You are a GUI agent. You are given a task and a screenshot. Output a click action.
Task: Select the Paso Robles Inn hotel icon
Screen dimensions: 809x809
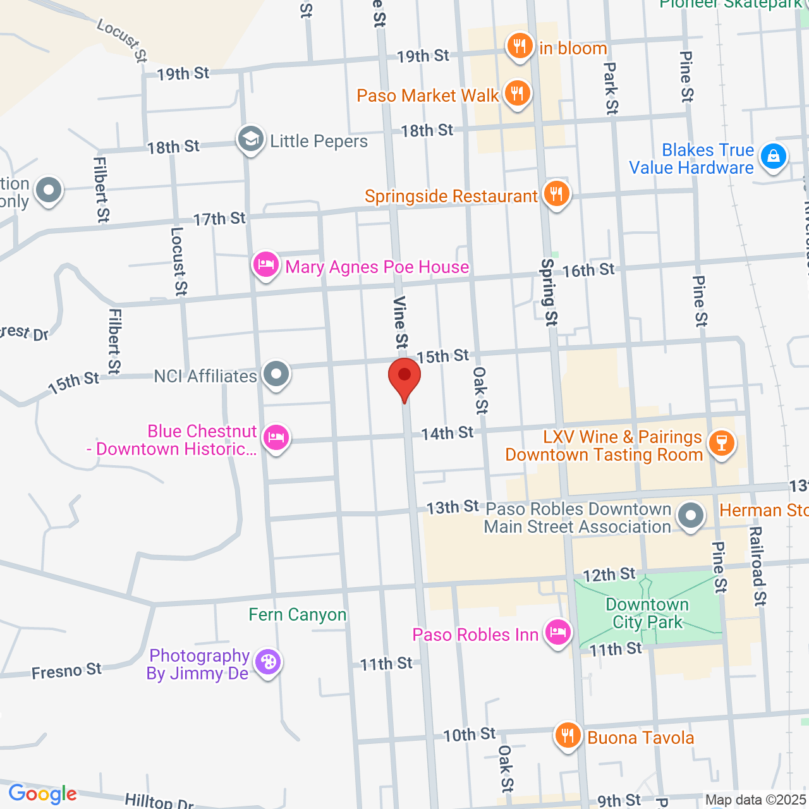pos(558,632)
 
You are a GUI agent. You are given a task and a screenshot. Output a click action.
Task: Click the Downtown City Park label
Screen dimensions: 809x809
pos(647,613)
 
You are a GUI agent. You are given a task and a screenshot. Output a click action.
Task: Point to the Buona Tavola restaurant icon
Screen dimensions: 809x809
pos(568,736)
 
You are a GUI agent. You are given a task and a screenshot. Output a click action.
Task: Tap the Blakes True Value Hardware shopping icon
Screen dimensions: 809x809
pos(773,156)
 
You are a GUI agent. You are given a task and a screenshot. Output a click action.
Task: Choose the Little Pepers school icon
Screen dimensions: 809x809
pos(250,139)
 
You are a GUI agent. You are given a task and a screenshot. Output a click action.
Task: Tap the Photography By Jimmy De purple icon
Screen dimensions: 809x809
pos(268,662)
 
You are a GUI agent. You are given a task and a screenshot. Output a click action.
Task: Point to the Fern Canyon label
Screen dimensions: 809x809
pos(298,614)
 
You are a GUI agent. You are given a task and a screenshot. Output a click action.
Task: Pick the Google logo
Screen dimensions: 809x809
pos(42,794)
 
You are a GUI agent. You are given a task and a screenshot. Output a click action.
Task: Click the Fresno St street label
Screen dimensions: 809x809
pos(66,671)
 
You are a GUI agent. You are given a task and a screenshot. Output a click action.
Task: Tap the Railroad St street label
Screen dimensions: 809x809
pos(757,565)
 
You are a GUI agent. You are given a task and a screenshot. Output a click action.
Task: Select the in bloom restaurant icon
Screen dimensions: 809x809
pos(520,46)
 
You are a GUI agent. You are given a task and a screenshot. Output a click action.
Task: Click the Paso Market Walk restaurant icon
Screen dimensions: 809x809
pos(518,94)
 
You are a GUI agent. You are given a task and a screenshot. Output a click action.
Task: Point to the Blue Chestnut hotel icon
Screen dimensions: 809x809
pos(276,437)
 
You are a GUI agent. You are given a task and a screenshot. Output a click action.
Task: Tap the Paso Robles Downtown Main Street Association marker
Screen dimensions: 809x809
pos(690,515)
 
